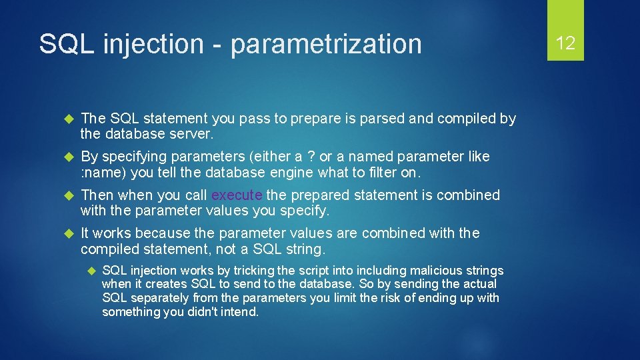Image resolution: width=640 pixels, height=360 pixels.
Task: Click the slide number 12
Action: tap(565, 43)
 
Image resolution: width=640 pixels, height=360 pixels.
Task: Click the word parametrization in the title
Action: tap(327, 45)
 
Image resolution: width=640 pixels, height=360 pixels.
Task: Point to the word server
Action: tap(192, 134)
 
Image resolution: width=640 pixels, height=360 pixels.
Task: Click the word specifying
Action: tap(136, 157)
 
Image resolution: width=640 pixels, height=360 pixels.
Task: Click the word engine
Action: tap(295, 173)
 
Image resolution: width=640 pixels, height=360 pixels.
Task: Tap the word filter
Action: tap(380, 173)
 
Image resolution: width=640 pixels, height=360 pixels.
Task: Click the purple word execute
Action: tap(237, 195)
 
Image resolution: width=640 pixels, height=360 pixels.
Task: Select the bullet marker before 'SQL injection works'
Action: tap(91, 271)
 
